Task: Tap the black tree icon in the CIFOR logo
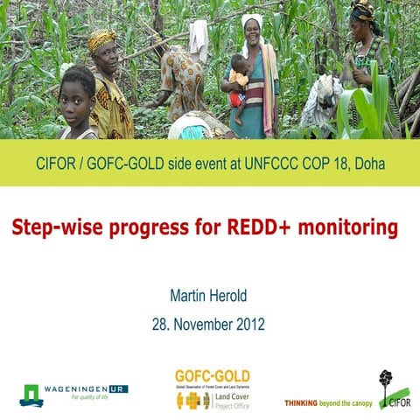[x=385, y=381]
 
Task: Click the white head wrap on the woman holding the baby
[x=252, y=21]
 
